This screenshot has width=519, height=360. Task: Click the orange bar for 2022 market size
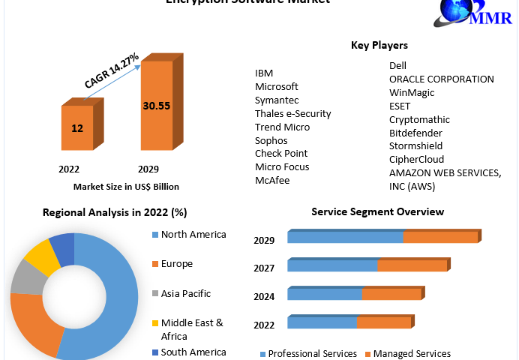[77, 128]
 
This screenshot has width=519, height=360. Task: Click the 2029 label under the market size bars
[148, 169]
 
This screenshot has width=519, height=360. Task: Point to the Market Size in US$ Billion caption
[126, 186]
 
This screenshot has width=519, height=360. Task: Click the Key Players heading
[379, 46]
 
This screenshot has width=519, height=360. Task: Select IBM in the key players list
[264, 73]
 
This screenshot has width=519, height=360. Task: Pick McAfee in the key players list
[271, 180]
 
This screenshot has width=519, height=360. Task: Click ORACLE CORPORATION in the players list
[441, 79]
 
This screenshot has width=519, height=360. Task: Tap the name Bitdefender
[415, 133]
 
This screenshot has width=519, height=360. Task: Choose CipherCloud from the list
[416, 159]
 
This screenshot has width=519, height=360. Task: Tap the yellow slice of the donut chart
[41, 256]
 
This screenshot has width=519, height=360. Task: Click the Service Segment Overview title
[377, 212]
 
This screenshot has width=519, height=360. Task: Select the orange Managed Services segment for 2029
[440, 238]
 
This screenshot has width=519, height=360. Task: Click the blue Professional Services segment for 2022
[322, 322]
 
